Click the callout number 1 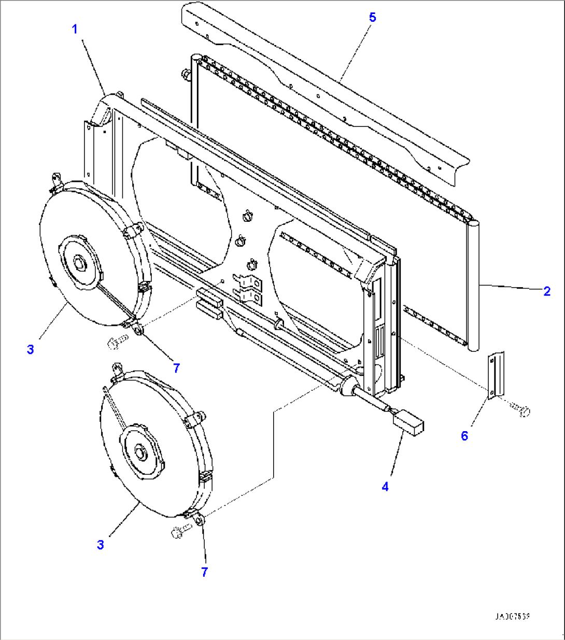[75, 29]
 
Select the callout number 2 [547, 291]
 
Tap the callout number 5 [372, 17]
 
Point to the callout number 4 [385, 487]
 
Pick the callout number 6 [464, 436]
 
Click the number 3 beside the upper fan [31, 349]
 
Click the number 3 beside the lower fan [101, 545]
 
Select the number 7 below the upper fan [176, 368]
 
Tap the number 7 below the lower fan [204, 572]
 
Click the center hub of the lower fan [140, 452]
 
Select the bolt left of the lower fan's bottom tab [179, 531]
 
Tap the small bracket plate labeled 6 [495, 375]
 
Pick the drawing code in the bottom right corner [512, 617]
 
